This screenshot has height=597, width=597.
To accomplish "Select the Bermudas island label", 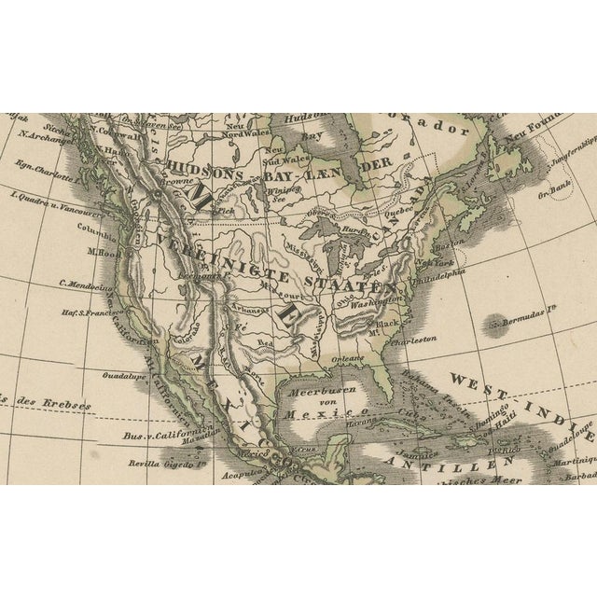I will click(532, 323).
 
